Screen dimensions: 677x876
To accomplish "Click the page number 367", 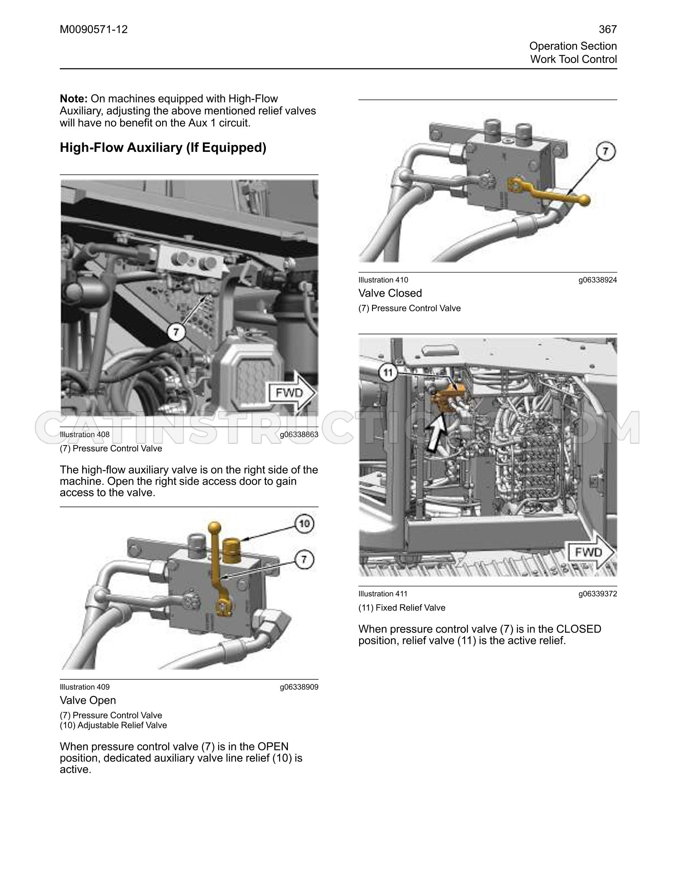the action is click(608, 29).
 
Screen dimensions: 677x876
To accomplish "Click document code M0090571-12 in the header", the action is click(94, 29).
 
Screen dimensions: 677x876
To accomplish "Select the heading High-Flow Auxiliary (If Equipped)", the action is click(163, 148).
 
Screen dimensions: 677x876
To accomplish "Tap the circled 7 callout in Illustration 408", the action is click(176, 332).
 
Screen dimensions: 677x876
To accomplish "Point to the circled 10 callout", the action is click(304, 524).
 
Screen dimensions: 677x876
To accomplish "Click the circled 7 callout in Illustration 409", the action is click(304, 560).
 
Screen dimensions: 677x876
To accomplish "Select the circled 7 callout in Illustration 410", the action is click(606, 152).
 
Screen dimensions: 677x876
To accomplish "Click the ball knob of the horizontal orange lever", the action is click(584, 200).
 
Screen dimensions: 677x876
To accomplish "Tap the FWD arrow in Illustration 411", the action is click(592, 552).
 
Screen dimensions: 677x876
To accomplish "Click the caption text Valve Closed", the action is click(390, 293).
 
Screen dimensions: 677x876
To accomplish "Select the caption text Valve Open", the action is click(88, 701).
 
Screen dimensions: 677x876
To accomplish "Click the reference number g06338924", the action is click(598, 280).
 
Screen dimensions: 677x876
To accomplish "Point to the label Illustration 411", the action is click(383, 594).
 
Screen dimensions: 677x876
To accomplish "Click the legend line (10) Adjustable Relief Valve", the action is click(113, 725).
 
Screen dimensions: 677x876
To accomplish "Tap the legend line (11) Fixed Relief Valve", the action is click(402, 608).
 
